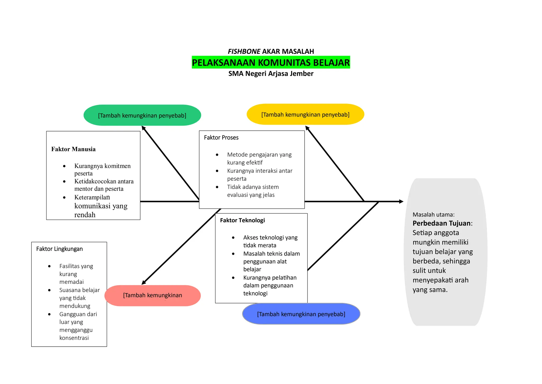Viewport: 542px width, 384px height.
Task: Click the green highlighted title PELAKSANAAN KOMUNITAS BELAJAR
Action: [271, 63]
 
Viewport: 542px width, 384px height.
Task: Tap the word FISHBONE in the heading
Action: [244, 51]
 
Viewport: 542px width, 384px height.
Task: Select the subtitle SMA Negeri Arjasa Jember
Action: [271, 74]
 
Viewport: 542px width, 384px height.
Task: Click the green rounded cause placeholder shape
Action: [142, 115]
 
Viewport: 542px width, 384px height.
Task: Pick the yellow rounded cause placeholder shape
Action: [305, 114]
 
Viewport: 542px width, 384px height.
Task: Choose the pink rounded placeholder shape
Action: [152, 295]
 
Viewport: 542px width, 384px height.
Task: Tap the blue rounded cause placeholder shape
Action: [301, 314]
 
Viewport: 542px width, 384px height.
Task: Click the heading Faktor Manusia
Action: [73, 149]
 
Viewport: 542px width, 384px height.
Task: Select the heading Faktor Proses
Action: [221, 138]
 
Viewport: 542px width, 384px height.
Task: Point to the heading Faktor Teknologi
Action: [242, 220]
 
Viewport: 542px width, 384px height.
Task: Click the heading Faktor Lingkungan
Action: [59, 249]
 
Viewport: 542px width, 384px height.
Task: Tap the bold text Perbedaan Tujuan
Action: [441, 223]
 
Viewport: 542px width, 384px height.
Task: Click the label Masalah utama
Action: [433, 215]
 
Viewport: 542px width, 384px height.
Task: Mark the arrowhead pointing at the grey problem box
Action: [401, 202]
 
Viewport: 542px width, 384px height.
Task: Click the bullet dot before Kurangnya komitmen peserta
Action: [64, 166]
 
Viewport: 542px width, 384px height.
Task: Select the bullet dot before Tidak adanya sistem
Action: [217, 187]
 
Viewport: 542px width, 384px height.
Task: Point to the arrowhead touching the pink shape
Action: [144, 283]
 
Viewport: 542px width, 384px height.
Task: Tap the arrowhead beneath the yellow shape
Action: [307, 128]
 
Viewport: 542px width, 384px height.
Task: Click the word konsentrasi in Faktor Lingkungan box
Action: [74, 338]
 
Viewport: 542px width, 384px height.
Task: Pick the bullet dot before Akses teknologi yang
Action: [233, 238]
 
